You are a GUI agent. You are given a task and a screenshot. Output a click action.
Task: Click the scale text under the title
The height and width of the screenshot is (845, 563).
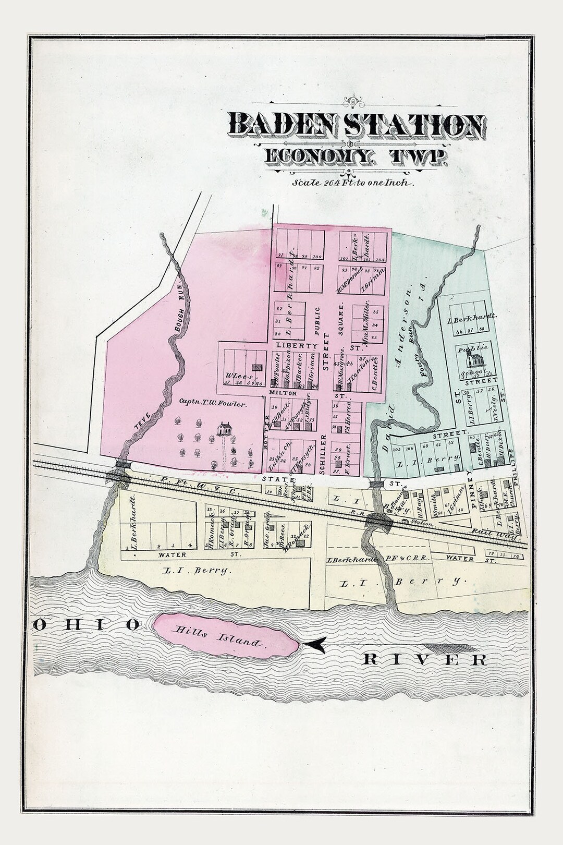coord(353,183)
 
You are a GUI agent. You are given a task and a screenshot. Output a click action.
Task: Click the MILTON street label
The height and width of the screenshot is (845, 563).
coord(282,393)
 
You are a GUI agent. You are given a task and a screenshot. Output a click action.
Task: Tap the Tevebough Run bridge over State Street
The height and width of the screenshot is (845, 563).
coord(122,464)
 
